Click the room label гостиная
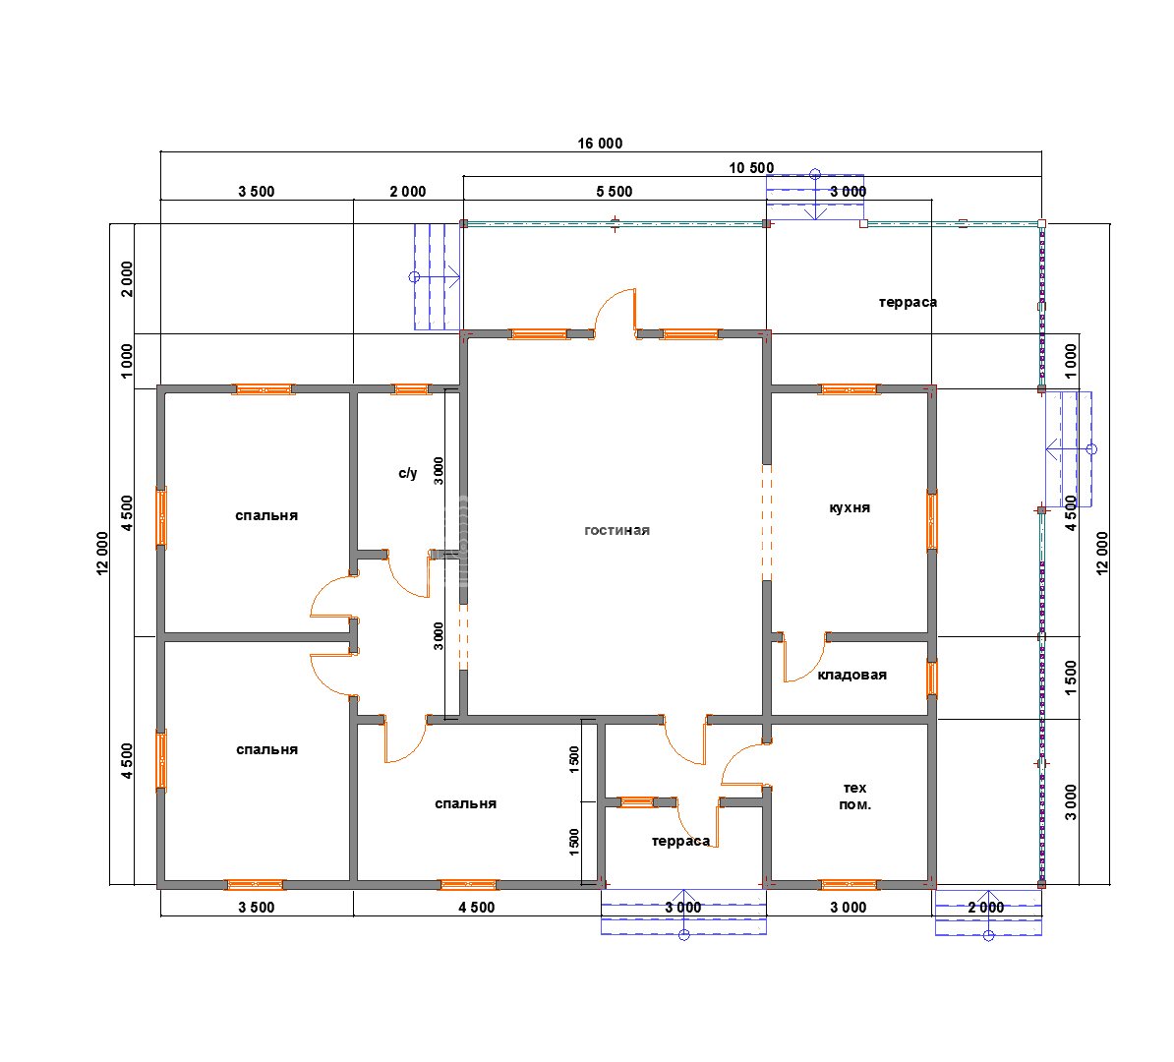616,530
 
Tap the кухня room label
850,507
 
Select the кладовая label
852,675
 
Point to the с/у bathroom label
407,473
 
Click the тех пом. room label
855,796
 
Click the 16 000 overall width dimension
600,143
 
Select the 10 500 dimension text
752,168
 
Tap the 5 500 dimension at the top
614,192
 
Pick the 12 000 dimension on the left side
102,554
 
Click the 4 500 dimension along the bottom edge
477,908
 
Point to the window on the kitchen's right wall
932,520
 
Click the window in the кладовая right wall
932,678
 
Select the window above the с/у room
411,389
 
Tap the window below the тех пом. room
850,884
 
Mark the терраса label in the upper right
908,303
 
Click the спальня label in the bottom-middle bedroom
466,803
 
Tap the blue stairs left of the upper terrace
438,277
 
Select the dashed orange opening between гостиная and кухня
767,522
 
